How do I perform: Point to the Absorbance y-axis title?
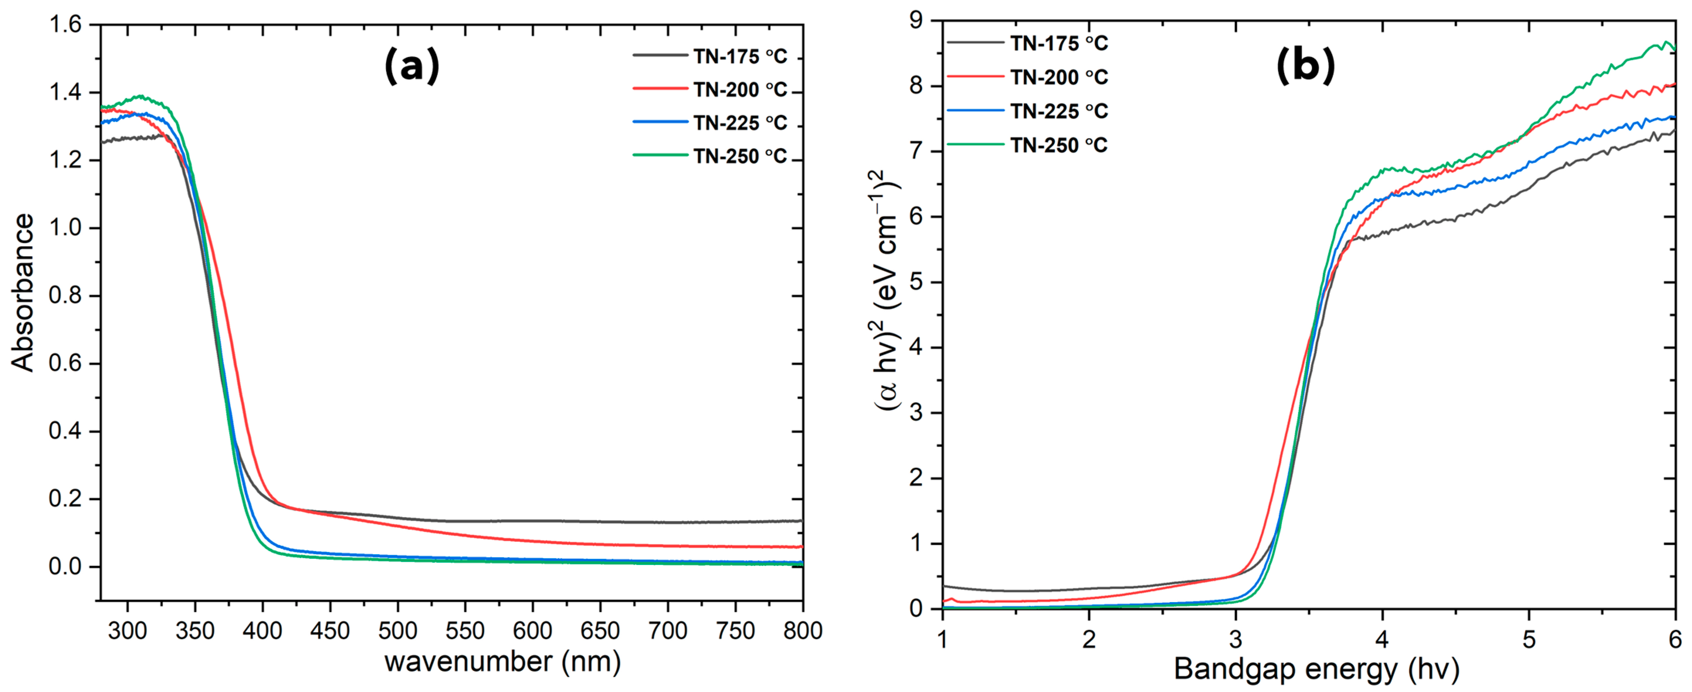click(x=23, y=293)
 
